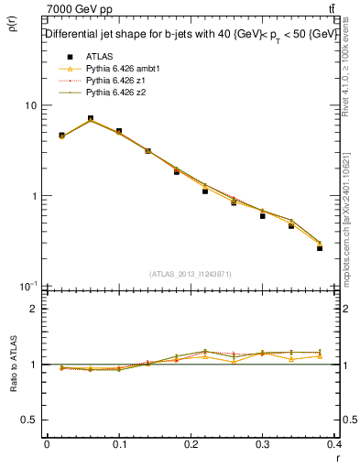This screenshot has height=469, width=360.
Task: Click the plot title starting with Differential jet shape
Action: (191, 34)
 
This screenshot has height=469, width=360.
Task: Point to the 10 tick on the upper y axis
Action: (30, 105)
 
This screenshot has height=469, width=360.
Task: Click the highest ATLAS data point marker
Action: (90, 118)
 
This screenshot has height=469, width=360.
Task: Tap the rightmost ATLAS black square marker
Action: (320, 248)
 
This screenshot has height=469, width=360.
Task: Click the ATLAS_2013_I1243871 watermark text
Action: (190, 274)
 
